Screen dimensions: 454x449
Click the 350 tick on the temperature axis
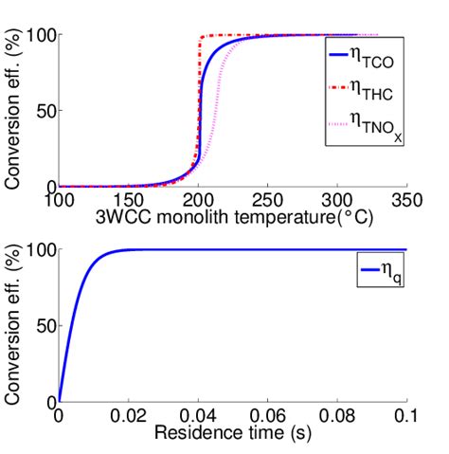click(x=405, y=201)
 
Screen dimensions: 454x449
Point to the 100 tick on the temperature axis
click(x=59, y=201)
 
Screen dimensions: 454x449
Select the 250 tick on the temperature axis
click(x=267, y=201)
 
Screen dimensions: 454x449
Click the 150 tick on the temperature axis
click(x=128, y=201)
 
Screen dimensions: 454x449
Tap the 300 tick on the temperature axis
click(x=336, y=201)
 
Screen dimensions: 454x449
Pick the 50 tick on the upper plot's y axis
click(x=43, y=111)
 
